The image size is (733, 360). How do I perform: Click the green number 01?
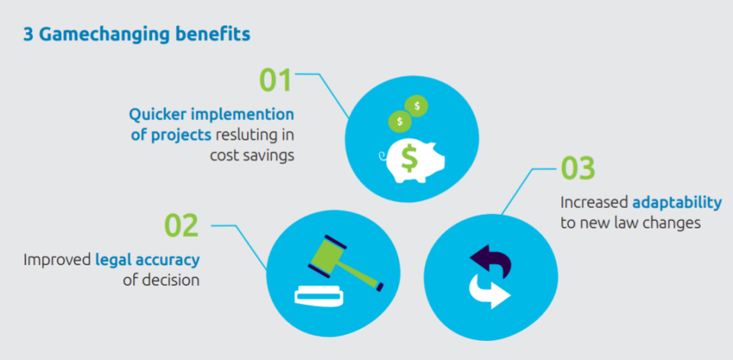point(275,80)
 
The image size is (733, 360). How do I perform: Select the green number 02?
point(181,225)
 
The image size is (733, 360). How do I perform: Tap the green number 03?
point(578,168)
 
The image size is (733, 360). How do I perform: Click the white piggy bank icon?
point(411,160)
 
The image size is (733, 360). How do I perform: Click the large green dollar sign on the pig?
point(410,158)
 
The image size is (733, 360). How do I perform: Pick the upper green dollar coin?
point(417,106)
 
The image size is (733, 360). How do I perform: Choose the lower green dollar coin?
point(400,122)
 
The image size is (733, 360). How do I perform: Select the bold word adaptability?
point(677,203)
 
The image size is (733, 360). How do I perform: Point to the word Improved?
point(57,260)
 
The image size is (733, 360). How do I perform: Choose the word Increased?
point(594,203)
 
